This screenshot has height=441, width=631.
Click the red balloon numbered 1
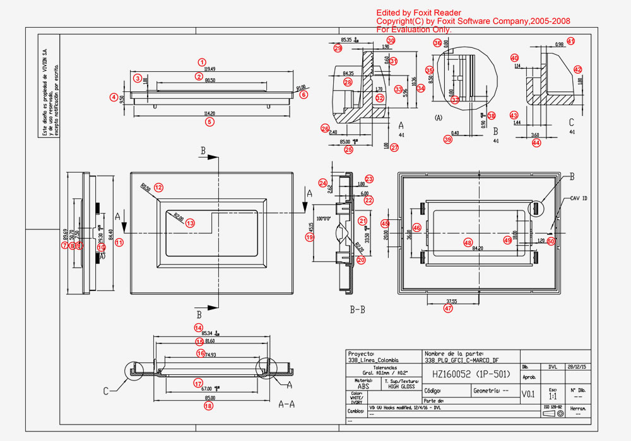(202, 62)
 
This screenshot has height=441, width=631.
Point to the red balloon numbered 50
(551, 241)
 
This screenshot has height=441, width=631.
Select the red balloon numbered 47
(448, 309)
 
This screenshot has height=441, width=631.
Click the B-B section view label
(357, 309)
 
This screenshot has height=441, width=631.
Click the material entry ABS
(363, 387)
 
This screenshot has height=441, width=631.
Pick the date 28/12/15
(579, 366)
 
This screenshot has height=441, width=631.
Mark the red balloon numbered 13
(190, 222)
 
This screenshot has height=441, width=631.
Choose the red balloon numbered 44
(536, 143)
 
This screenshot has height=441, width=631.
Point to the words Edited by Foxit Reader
(419, 13)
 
